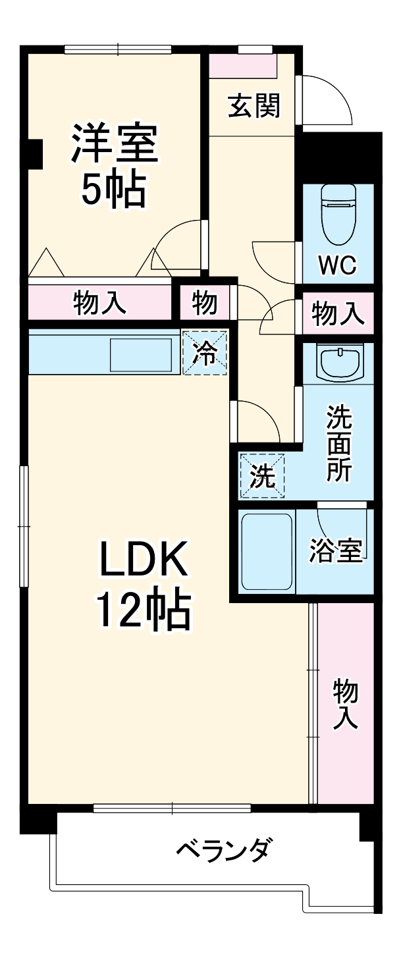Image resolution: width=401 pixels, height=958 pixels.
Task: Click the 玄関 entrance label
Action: pyautogui.click(x=254, y=105)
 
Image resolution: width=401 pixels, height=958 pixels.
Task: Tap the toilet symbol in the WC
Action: pyautogui.click(x=338, y=214)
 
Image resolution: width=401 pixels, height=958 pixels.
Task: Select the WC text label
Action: pyautogui.click(x=338, y=265)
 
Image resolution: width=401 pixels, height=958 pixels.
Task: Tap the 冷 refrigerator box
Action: pyautogui.click(x=205, y=353)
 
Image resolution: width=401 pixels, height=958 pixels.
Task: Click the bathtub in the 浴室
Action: pyautogui.click(x=267, y=552)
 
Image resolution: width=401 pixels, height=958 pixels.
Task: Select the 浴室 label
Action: pyautogui.click(x=336, y=552)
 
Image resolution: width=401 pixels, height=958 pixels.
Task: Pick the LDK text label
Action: pyautogui.click(x=144, y=559)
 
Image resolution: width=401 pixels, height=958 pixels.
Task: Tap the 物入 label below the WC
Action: pyautogui.click(x=338, y=313)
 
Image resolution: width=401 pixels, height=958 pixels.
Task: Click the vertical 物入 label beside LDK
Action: pyautogui.click(x=345, y=705)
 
